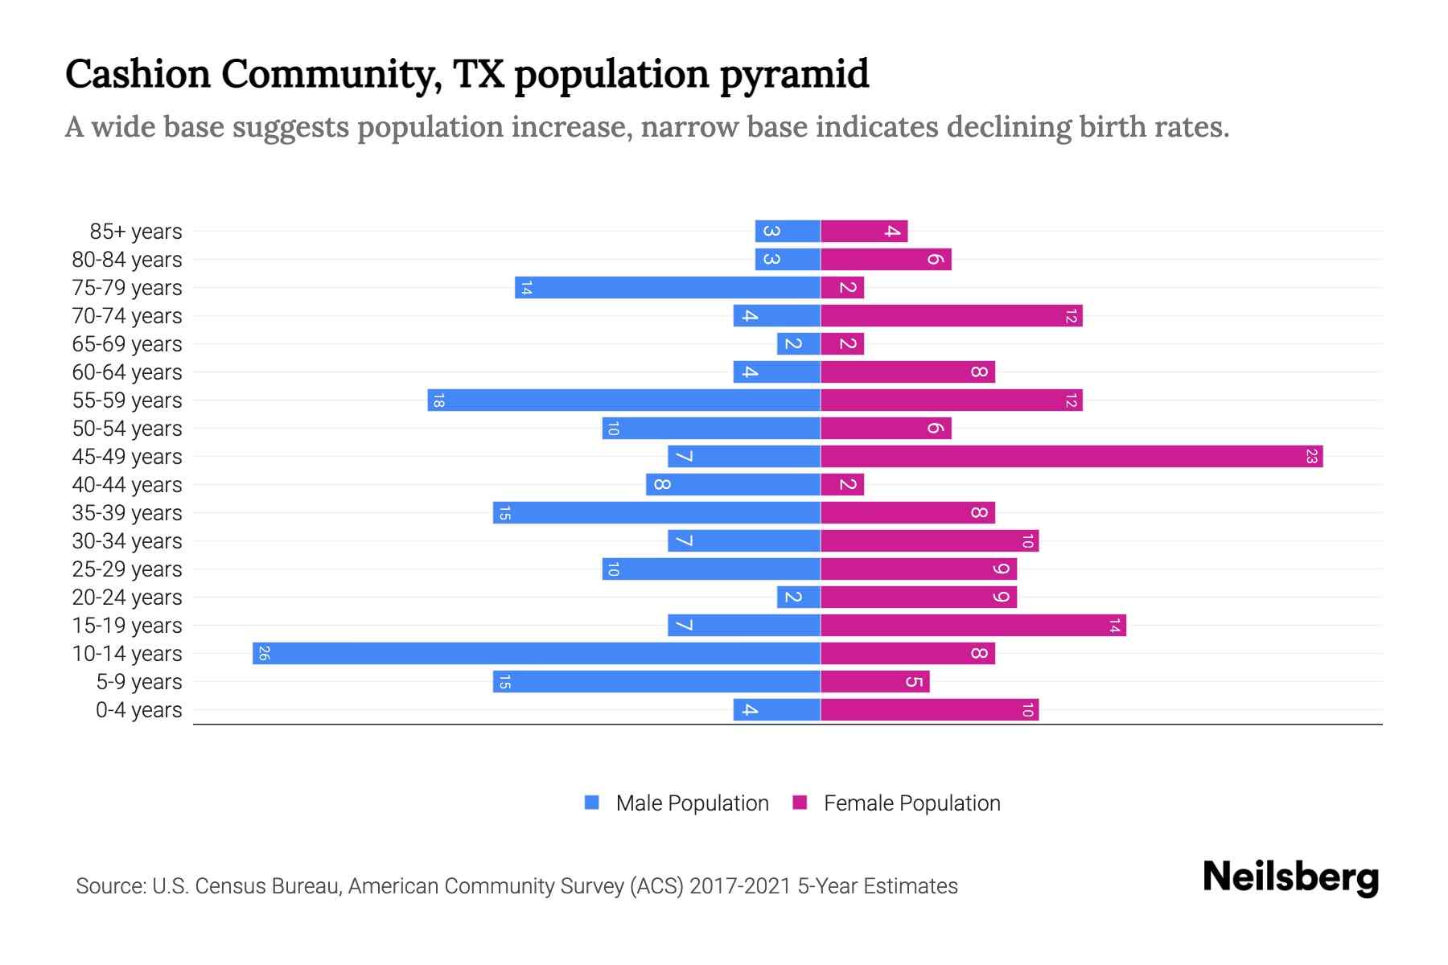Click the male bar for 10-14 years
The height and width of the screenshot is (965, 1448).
pyautogui.click(x=537, y=653)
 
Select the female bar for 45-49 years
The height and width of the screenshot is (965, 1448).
pyautogui.click(x=1072, y=456)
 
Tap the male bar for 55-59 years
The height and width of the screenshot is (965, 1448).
pyautogui.click(x=623, y=400)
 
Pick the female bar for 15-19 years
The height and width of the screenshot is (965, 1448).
pyautogui.click(x=973, y=625)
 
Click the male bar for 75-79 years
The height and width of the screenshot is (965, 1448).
pyautogui.click(x=668, y=287)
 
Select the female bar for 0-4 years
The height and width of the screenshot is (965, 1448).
pyautogui.click(x=929, y=709)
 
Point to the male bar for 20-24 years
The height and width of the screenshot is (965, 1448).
pyautogui.click(x=799, y=597)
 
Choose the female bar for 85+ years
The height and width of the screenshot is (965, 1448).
pyautogui.click(x=864, y=231)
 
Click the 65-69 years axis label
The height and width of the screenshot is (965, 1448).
pyautogui.click(x=127, y=344)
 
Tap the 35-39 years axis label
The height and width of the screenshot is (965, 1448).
pyautogui.click(x=127, y=513)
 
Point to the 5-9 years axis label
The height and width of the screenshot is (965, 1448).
pyautogui.click(x=139, y=682)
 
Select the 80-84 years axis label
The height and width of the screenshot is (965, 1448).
pyautogui.click(x=127, y=260)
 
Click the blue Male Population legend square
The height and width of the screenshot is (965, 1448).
pyautogui.click(x=592, y=803)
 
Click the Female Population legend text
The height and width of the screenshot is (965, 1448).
pyautogui.click(x=911, y=803)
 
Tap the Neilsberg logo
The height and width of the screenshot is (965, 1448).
pyautogui.click(x=1290, y=877)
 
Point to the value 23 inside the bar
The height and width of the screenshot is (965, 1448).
pyautogui.click(x=1311, y=456)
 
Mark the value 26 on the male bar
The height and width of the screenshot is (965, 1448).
pyautogui.click(x=264, y=653)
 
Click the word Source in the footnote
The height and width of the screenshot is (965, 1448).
pyautogui.click(x=109, y=886)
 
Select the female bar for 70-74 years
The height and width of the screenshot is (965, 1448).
pyautogui.click(x=952, y=315)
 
